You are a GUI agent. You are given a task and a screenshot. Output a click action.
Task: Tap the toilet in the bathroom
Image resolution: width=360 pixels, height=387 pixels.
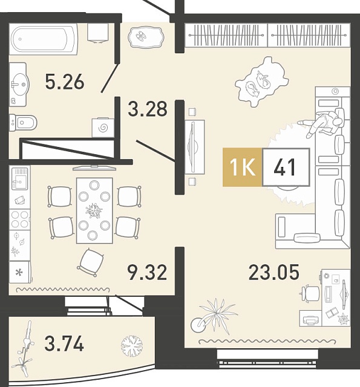pos(23,122)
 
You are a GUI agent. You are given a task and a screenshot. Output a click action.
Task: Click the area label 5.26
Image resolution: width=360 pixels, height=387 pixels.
pos(65,82)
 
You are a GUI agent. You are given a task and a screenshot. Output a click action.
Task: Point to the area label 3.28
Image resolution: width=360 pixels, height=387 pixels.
pos(148,109)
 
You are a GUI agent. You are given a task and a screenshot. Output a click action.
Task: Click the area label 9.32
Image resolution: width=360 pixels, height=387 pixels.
pos(148,273)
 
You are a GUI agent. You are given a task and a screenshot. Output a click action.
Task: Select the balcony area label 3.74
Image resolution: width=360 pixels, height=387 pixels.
pos(64,344)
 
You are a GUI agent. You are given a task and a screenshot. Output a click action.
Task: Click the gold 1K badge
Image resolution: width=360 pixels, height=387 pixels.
pos(242,167)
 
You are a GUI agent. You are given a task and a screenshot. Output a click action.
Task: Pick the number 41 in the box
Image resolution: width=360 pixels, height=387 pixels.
pos(286,167)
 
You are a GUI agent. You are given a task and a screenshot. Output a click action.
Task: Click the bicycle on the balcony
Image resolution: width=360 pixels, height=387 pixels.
pos(25,353)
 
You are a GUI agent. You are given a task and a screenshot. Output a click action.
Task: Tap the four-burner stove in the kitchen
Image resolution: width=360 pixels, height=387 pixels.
pos(20,220)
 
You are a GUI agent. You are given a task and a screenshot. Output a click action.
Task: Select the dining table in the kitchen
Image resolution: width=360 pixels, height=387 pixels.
pos(94,210)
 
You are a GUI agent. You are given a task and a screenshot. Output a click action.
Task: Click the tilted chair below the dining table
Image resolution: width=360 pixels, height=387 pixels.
pos(90,262)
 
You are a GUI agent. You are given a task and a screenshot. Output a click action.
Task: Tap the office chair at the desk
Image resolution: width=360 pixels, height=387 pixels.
pos(310,293)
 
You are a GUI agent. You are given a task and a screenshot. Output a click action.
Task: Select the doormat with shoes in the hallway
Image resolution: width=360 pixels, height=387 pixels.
pos(145,36)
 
